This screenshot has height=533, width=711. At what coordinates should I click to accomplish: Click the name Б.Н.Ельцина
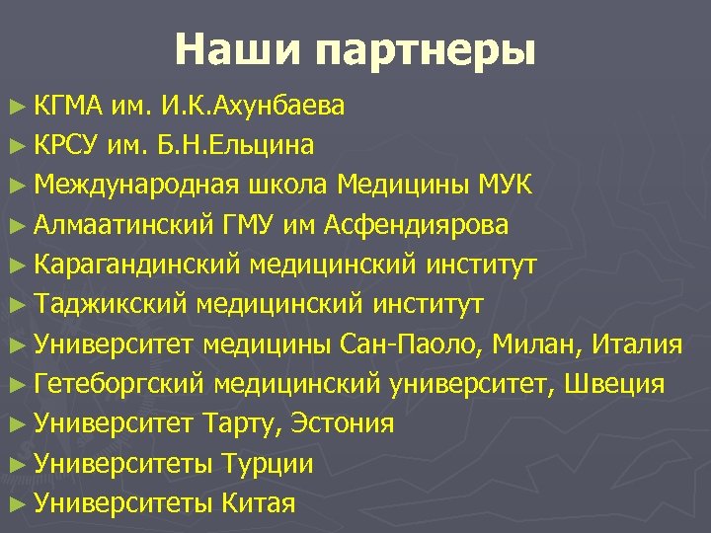[236, 146]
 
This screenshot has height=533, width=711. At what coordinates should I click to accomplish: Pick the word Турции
[268, 464]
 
